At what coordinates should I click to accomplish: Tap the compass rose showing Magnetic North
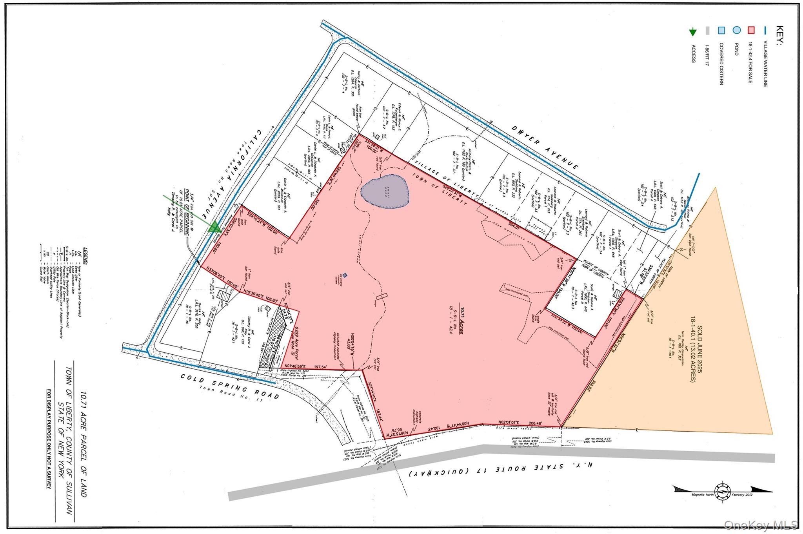(722, 490)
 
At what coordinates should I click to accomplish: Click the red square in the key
(751, 30)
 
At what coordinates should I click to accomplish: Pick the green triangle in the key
(693, 32)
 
